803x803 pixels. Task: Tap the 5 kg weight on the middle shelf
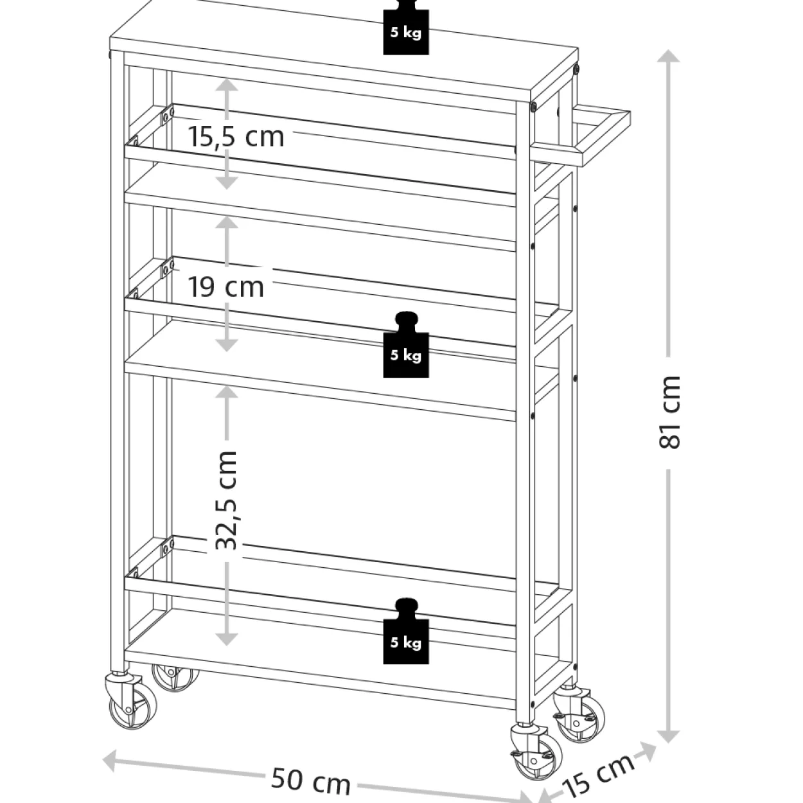tap(405, 345)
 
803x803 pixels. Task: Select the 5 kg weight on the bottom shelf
tap(405, 631)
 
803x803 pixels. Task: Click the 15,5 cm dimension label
tap(236, 137)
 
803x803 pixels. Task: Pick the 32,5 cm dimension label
tap(226, 500)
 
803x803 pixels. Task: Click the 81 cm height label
tap(669, 412)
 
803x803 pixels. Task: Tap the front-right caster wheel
tap(536, 760)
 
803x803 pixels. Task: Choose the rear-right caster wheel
tap(580, 716)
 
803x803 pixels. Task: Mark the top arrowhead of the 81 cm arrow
tap(668, 57)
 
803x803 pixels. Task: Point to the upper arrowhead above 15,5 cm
tap(226, 85)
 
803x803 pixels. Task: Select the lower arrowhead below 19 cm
tap(226, 346)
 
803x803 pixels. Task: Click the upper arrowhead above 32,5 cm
tap(226, 392)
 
